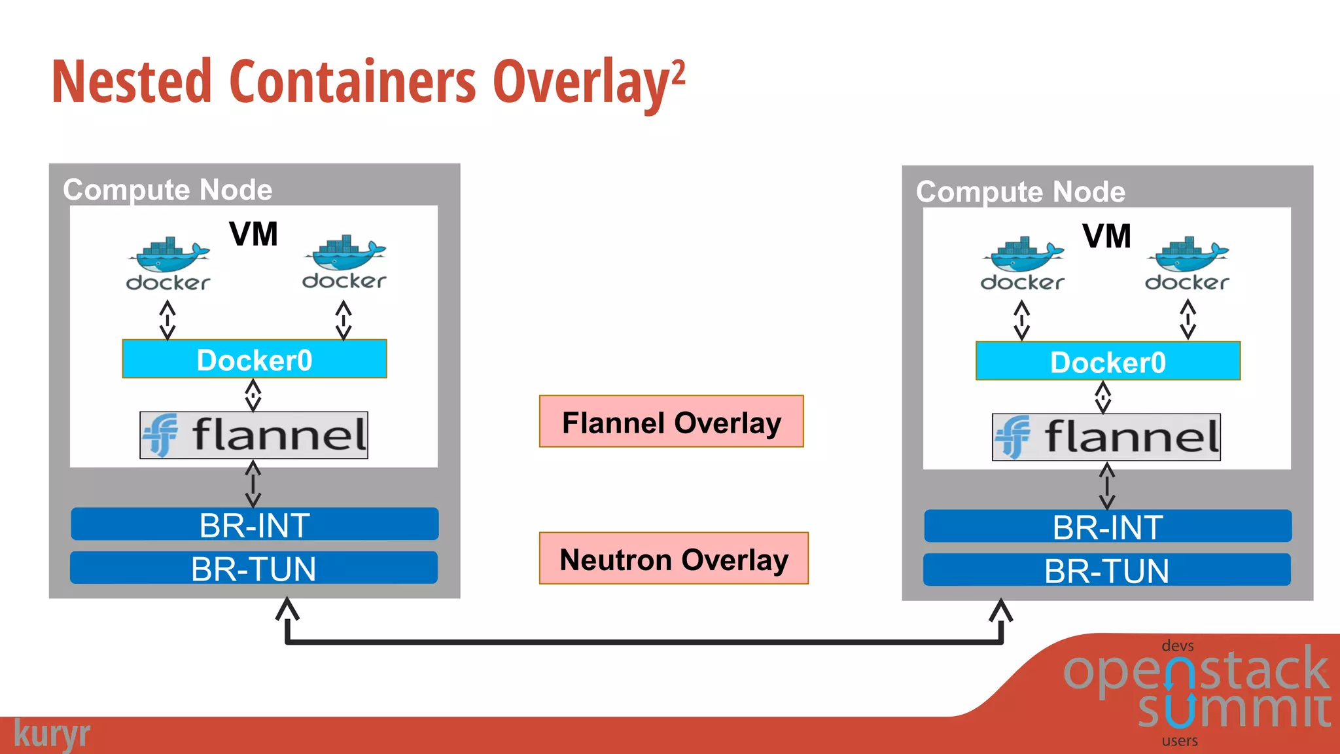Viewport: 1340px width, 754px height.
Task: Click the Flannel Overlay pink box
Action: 671,422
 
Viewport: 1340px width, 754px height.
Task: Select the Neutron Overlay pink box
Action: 673,558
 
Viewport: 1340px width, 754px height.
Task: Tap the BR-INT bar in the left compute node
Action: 255,524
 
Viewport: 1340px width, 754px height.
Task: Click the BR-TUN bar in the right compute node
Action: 1106,570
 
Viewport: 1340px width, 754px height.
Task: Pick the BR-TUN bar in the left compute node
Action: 254,568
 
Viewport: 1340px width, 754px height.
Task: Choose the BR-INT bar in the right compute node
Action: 1108,526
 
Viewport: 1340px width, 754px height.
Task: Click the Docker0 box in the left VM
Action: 255,359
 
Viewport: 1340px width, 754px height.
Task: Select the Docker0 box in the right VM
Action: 1108,361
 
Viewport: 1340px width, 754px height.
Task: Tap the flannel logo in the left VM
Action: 254,435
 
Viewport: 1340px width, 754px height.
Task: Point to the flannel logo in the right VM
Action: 1106,437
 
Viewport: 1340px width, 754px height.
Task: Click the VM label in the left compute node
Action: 253,234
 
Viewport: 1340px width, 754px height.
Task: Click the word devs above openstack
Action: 1177,646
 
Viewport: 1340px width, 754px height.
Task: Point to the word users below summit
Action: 1180,741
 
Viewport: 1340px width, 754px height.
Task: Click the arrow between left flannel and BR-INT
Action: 253,484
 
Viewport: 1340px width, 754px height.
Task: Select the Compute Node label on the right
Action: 1020,192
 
